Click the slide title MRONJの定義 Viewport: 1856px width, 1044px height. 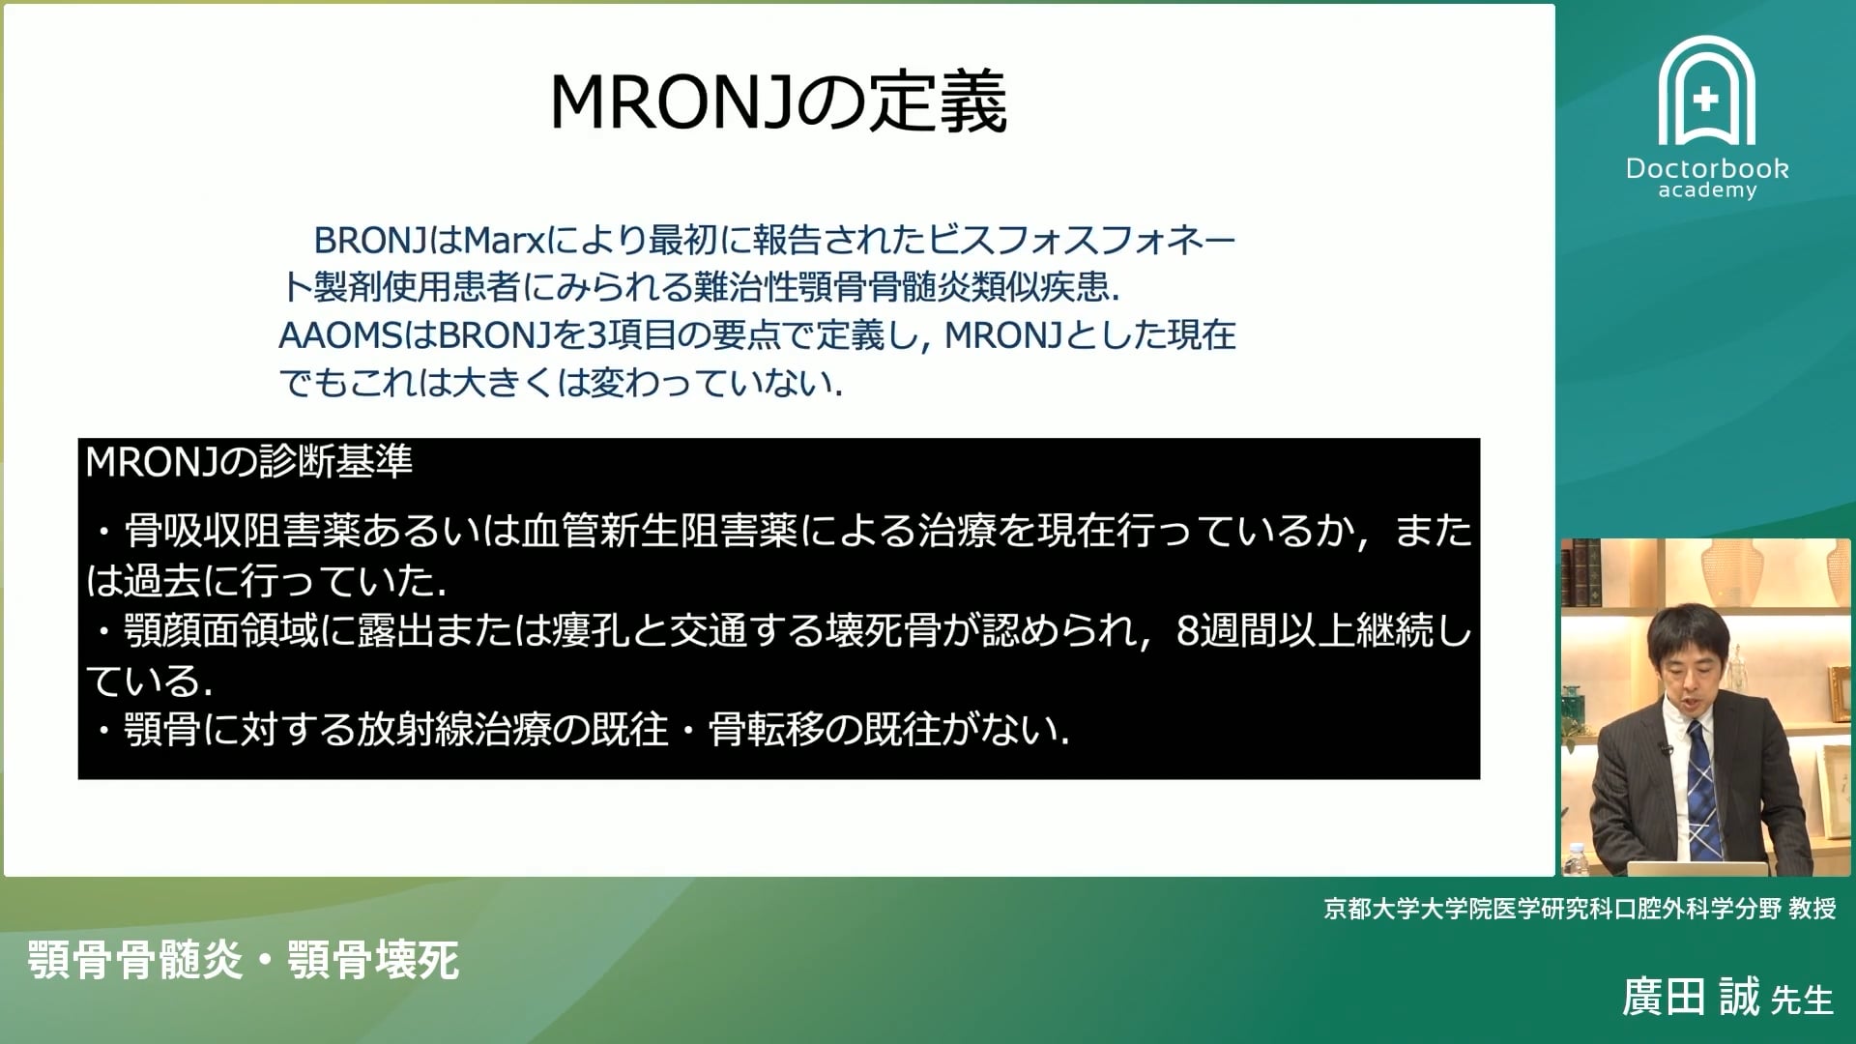[x=778, y=102]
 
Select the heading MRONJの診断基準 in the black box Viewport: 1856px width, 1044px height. [x=248, y=462]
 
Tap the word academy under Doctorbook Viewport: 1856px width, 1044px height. [x=1707, y=190]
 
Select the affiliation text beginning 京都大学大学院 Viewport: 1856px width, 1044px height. [x=1579, y=909]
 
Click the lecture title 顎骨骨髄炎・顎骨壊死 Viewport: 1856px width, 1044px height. [x=243, y=960]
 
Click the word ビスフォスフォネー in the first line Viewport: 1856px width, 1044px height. [x=1082, y=240]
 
